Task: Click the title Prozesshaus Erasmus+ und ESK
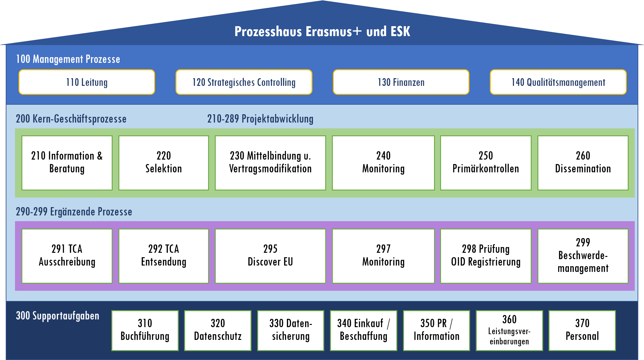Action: coord(322,32)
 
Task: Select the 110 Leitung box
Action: coord(87,82)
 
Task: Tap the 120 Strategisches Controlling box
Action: coord(244,82)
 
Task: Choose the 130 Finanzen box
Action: coord(401,82)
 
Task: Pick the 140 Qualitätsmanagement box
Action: coord(558,82)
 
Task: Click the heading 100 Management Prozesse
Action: coord(68,59)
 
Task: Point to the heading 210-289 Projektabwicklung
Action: coord(260,119)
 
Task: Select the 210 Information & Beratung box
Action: coord(67,163)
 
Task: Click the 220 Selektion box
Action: coord(164,163)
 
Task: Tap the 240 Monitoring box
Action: coord(383,163)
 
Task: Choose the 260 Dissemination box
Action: coord(583,163)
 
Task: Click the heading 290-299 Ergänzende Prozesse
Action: coord(74,212)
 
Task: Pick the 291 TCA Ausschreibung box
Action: coord(67,256)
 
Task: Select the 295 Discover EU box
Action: coord(270,256)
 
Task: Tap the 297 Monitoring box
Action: coord(383,256)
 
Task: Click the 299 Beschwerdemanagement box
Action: coord(583,256)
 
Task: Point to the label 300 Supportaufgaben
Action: coord(57,316)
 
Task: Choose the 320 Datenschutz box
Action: coord(218,330)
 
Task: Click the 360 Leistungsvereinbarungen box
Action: coord(509,330)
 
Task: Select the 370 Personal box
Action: coord(582,330)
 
